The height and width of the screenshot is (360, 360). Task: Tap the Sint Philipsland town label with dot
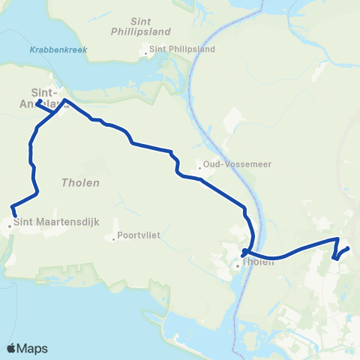click(182, 49)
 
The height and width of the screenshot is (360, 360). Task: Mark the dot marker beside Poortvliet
click(113, 240)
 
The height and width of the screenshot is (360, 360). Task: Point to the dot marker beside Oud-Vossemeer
click(199, 168)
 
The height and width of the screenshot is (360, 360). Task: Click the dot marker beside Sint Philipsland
click(146, 52)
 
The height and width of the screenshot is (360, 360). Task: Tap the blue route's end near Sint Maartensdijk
click(15, 216)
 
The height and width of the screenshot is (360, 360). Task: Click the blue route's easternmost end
click(349, 249)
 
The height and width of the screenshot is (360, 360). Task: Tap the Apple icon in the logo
click(11, 348)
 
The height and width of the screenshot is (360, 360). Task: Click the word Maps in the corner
click(32, 348)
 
